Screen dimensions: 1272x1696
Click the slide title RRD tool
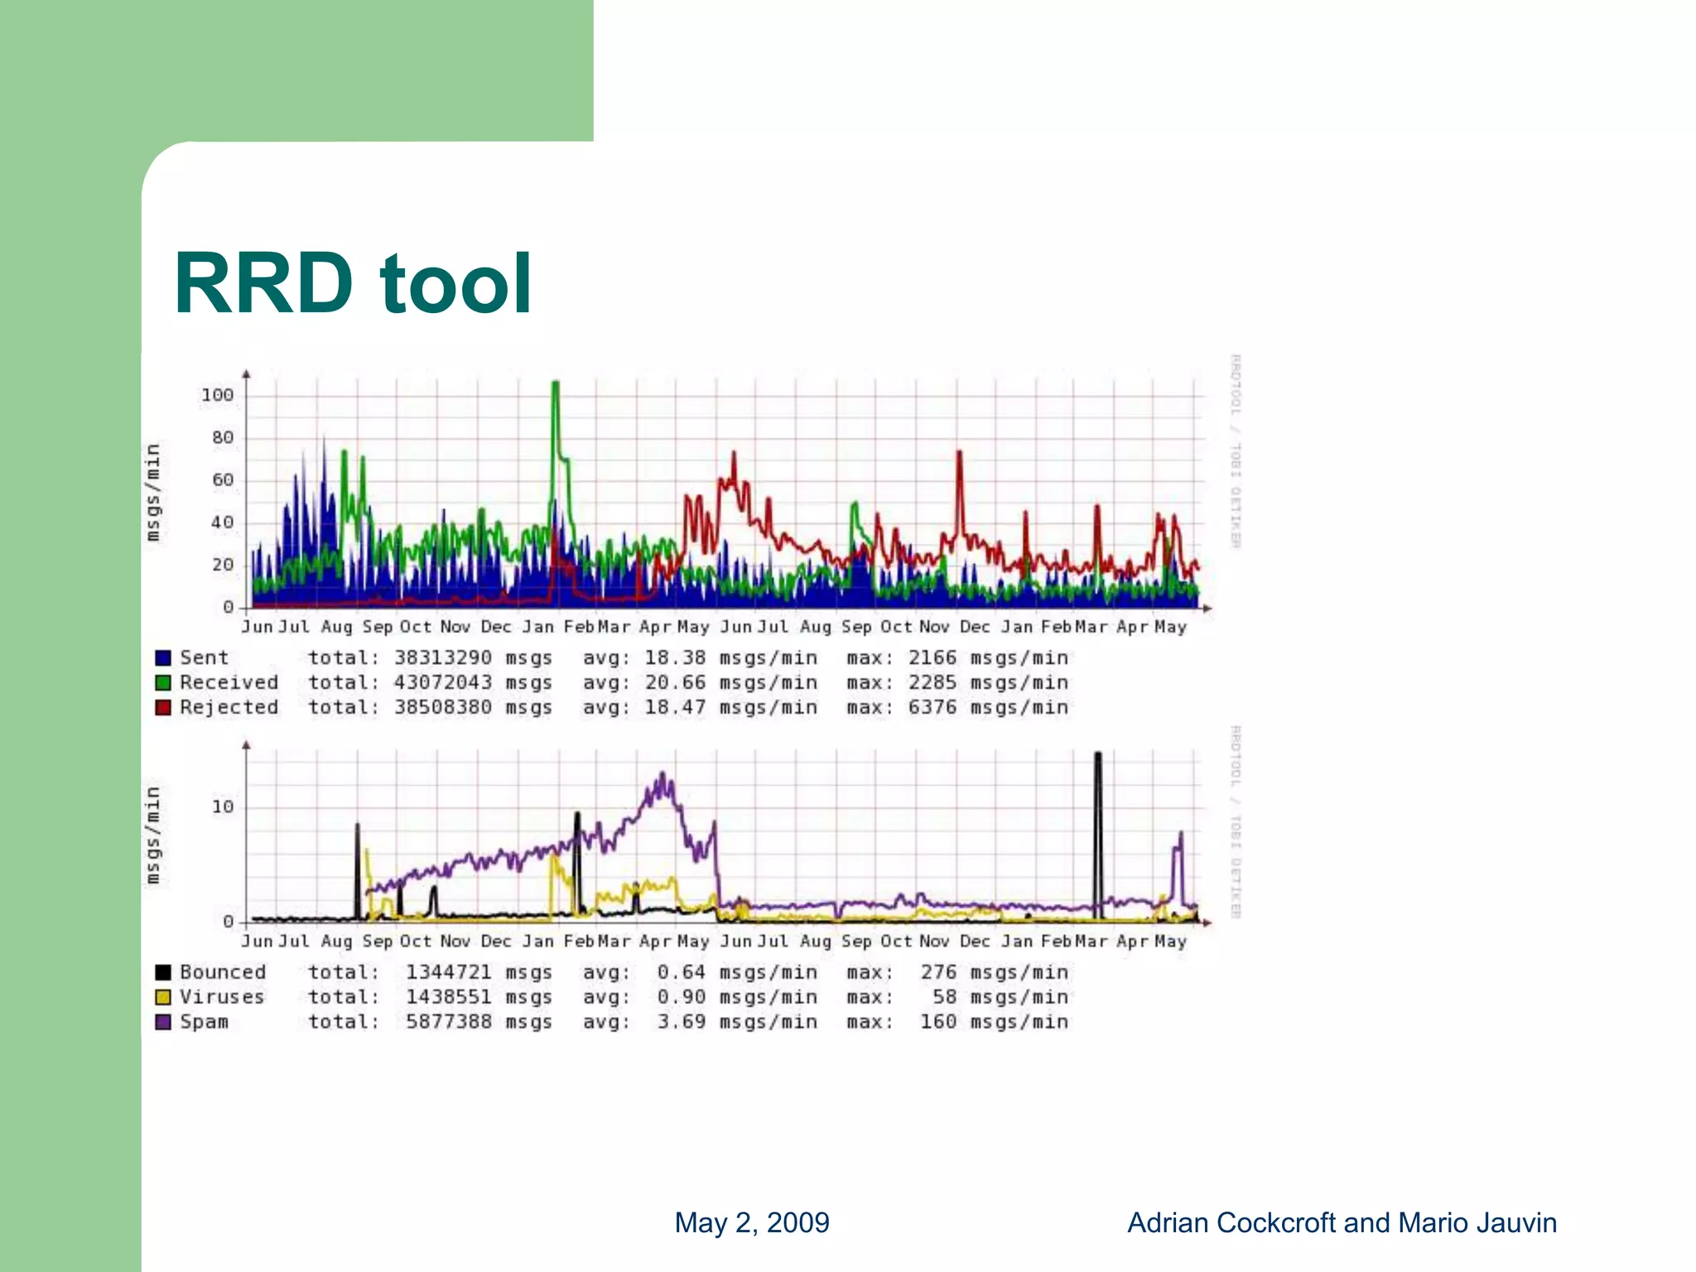(352, 284)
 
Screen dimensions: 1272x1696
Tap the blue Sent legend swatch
(163, 658)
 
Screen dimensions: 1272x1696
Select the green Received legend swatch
(163, 683)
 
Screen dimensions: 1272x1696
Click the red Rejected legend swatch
(163, 708)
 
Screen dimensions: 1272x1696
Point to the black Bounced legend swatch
(163, 973)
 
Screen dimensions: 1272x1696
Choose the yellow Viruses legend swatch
(163, 998)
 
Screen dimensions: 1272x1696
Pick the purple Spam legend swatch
(163, 1023)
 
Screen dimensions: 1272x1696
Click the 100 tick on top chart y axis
(218, 396)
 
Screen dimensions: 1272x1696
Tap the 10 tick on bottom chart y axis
(223, 807)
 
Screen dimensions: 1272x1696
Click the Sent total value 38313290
(442, 658)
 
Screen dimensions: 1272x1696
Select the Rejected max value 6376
(932, 708)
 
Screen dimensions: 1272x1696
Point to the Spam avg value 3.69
(681, 1023)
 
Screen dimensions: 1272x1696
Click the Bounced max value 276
(938, 973)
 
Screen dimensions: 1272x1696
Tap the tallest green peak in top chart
(556, 384)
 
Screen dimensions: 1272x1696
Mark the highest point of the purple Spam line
(662, 775)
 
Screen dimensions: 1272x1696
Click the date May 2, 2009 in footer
(752, 1223)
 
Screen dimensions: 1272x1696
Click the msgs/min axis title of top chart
(153, 493)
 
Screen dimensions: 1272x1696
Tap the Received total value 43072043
(442, 683)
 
